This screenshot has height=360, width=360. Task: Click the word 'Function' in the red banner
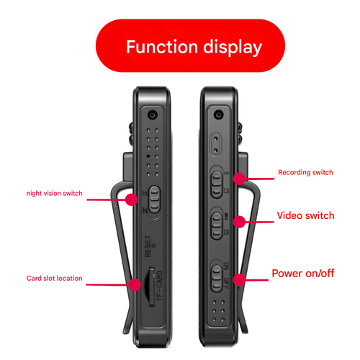(x=160, y=48)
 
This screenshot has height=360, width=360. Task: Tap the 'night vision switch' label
(x=55, y=193)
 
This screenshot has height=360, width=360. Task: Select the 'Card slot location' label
(x=54, y=278)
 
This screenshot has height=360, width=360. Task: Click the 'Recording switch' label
(x=305, y=173)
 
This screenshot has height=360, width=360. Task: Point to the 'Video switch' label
(x=305, y=215)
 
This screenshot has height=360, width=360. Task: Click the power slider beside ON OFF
(x=217, y=278)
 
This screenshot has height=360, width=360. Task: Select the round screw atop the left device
(x=152, y=115)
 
